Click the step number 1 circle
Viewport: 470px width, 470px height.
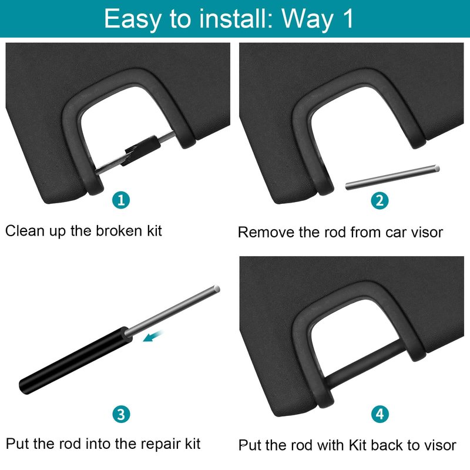tap(121, 200)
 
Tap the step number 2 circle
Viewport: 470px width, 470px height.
tap(380, 200)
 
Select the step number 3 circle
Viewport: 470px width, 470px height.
tap(121, 414)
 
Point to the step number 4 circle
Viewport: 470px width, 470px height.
tap(380, 414)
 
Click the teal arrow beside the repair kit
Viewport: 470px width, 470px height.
tap(153, 336)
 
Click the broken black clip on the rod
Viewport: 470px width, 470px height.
tap(140, 150)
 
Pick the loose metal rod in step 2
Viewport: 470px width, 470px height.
tap(392, 177)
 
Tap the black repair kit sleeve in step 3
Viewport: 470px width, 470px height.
tap(76, 361)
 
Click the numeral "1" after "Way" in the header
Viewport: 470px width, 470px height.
tap(348, 19)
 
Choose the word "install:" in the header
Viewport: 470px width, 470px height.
tap(236, 19)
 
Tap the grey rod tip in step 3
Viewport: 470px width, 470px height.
tap(216, 289)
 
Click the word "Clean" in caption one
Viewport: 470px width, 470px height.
tap(25, 231)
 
